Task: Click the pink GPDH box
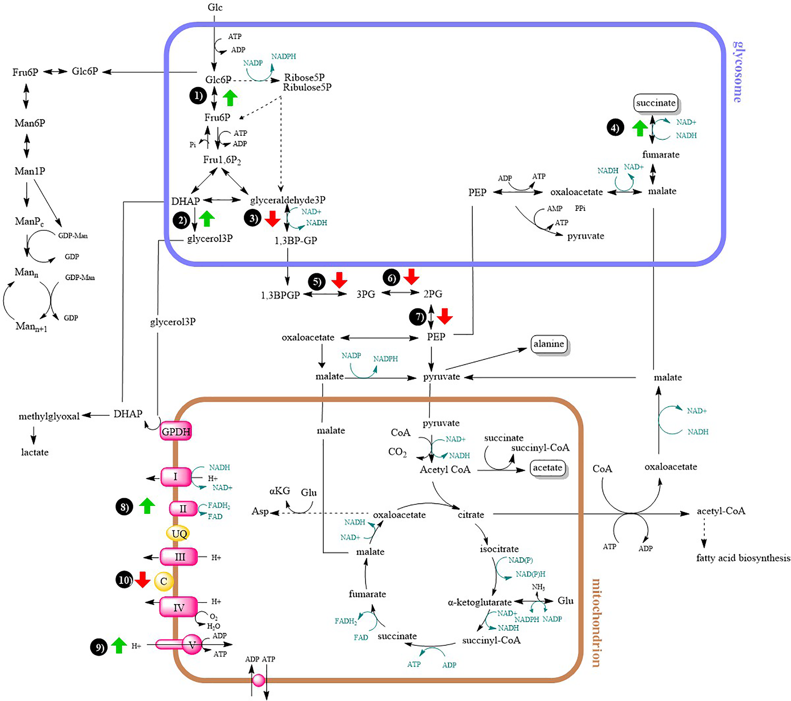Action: [176, 431]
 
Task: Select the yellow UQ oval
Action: [179, 534]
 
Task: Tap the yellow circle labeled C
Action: [164, 581]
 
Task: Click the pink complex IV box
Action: [178, 607]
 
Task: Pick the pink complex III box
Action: [179, 557]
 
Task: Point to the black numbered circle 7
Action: [418, 317]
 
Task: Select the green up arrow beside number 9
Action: [119, 645]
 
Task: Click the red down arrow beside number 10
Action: [142, 580]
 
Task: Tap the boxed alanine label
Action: [549, 344]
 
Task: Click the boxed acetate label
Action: [547, 468]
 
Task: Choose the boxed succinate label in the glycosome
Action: [656, 103]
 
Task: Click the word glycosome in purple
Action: [738, 71]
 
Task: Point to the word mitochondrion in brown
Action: [596, 623]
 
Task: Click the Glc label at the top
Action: [215, 7]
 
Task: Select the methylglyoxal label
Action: [49, 416]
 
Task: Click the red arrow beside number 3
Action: [272, 218]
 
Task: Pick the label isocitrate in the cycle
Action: [499, 549]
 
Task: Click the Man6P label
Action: [30, 123]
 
